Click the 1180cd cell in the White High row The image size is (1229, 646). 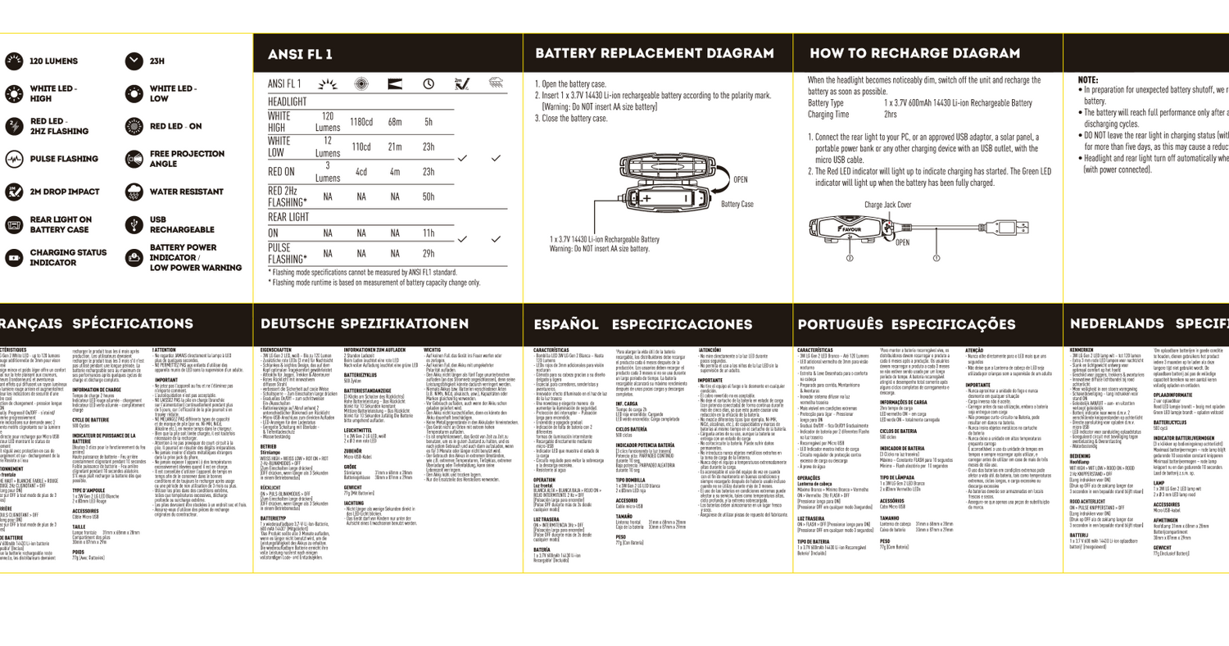click(x=361, y=122)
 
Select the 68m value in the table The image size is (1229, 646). click(x=394, y=122)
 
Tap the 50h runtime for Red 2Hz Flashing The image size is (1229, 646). click(x=428, y=197)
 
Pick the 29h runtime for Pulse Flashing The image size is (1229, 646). click(x=428, y=254)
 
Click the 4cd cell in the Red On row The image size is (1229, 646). click(x=361, y=173)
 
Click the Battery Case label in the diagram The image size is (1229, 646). click(x=737, y=203)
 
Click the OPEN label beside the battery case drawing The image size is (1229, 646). click(x=740, y=179)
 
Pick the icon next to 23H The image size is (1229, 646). click(x=134, y=61)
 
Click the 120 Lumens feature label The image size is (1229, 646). click(x=54, y=61)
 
